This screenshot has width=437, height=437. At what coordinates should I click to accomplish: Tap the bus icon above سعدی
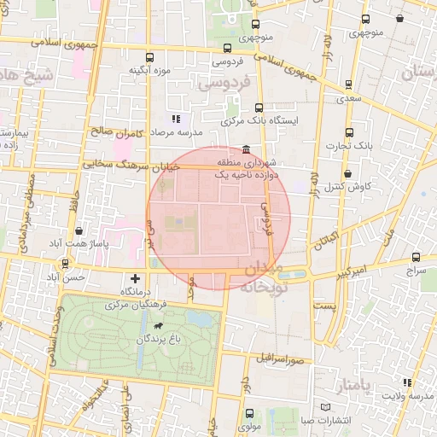(348, 84)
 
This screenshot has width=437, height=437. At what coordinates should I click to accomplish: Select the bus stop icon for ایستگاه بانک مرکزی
(259, 108)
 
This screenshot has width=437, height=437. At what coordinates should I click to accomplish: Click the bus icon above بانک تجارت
(348, 132)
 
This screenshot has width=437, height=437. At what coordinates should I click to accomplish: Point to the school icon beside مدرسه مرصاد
(175, 119)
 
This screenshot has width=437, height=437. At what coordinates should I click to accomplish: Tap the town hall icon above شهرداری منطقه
(247, 149)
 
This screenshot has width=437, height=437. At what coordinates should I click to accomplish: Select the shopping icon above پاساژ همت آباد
(79, 230)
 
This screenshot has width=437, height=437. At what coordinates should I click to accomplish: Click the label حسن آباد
(67, 278)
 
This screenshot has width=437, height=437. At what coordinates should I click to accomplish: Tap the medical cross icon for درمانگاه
(135, 278)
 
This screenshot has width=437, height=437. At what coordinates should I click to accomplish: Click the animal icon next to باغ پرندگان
(159, 326)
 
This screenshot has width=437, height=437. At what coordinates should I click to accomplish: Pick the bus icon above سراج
(416, 256)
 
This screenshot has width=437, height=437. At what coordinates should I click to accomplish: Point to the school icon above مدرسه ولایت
(405, 382)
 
